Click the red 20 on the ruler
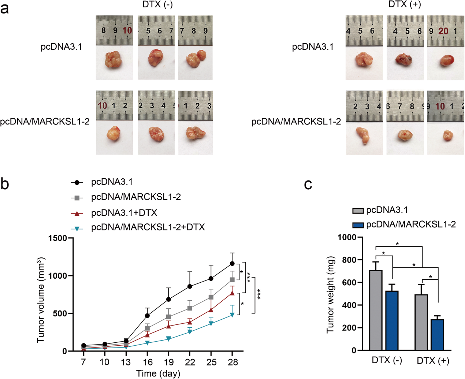coord(443,31)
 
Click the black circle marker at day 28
coord(232,264)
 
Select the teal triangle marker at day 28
coord(232,315)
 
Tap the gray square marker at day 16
coord(147,328)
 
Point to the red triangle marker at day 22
coord(190,322)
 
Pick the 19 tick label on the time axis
coord(168,362)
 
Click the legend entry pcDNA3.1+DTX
coord(124,213)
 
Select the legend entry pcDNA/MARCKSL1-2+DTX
coord(148,227)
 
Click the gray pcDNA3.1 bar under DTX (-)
coord(376,310)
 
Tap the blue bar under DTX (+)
coord(437,335)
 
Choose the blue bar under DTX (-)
coord(392,320)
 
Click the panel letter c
coord(308,185)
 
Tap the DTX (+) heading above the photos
coord(405,4)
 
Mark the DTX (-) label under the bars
coord(387,360)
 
